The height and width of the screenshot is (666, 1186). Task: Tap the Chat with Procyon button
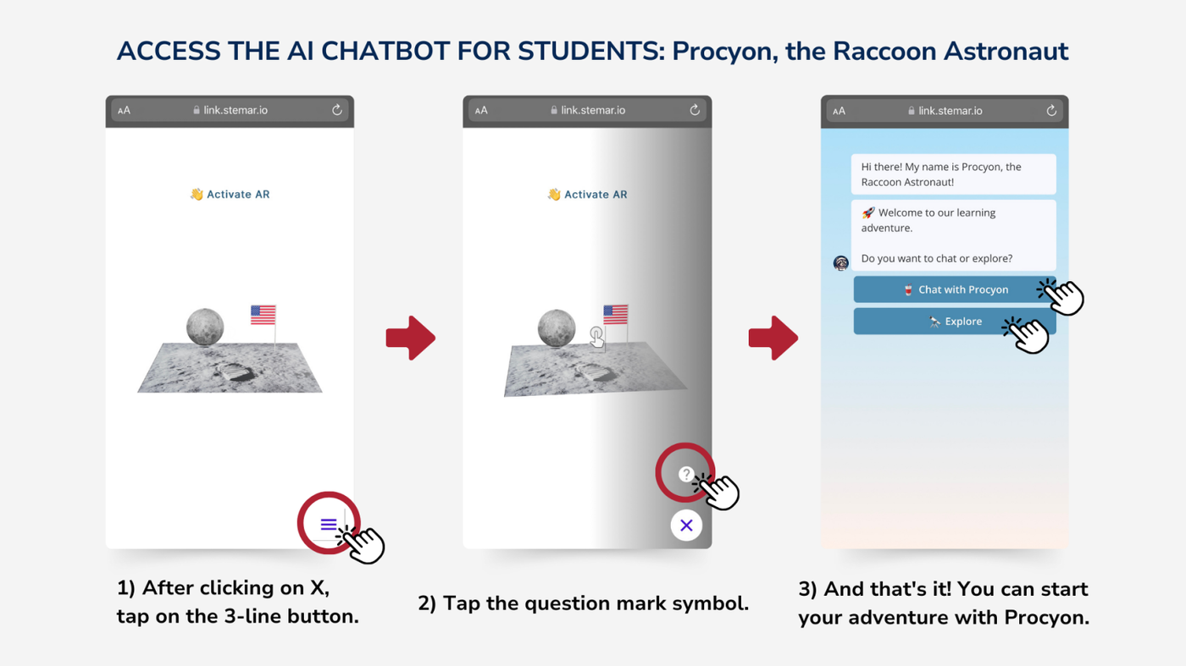point(955,289)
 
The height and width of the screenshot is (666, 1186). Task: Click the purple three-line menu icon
point(329,524)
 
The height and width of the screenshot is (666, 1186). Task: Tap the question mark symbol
point(685,474)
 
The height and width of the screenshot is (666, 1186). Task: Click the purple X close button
point(686,526)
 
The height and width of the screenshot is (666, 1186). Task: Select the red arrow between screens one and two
point(410,338)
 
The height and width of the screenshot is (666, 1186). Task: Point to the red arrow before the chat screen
point(773,338)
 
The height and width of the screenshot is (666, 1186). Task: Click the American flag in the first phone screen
point(263,315)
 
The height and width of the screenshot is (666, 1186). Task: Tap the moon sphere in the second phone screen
point(557,328)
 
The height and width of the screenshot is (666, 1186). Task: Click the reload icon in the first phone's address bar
point(337,110)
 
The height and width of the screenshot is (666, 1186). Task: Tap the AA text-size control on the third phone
point(839,111)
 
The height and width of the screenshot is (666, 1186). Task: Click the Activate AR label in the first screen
point(230,194)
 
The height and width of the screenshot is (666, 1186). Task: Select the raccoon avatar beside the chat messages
point(840,263)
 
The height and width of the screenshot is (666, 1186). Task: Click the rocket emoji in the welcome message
point(867,212)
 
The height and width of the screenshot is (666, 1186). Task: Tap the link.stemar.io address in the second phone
point(593,110)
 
